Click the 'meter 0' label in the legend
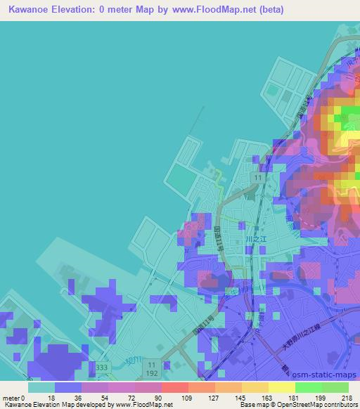click(x=15, y=398)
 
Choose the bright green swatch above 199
click(x=309, y=387)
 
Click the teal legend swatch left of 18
click(x=41, y=387)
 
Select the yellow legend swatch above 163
click(x=255, y=387)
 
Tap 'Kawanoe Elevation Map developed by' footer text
click(x=57, y=405)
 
